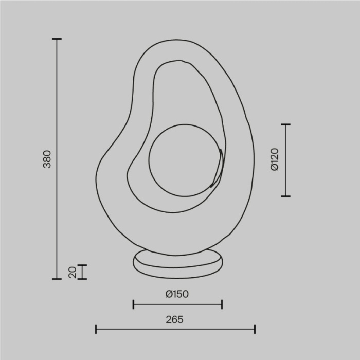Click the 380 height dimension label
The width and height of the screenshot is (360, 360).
click(47, 159)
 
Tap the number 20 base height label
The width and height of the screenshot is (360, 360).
click(73, 272)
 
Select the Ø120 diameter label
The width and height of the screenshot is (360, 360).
click(274, 159)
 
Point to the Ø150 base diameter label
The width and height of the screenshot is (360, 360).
click(177, 294)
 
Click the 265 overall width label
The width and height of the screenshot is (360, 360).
click(175, 319)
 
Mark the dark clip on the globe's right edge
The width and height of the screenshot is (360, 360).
click(218, 167)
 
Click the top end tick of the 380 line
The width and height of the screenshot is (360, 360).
click(57, 39)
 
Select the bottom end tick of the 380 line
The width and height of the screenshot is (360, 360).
click(57, 279)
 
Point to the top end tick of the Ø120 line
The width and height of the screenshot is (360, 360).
click(286, 124)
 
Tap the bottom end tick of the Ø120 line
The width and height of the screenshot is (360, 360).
click(286, 196)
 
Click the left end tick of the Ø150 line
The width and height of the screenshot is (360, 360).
click(133, 304)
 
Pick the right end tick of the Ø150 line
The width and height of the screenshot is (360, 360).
click(222, 304)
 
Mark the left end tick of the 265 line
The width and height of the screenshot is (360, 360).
click(96, 329)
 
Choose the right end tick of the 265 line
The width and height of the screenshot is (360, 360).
click(255, 329)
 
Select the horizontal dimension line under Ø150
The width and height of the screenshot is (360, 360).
click(177, 304)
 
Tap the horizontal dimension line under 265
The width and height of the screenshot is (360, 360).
click(175, 329)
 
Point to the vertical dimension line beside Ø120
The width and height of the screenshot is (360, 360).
click(286, 160)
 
